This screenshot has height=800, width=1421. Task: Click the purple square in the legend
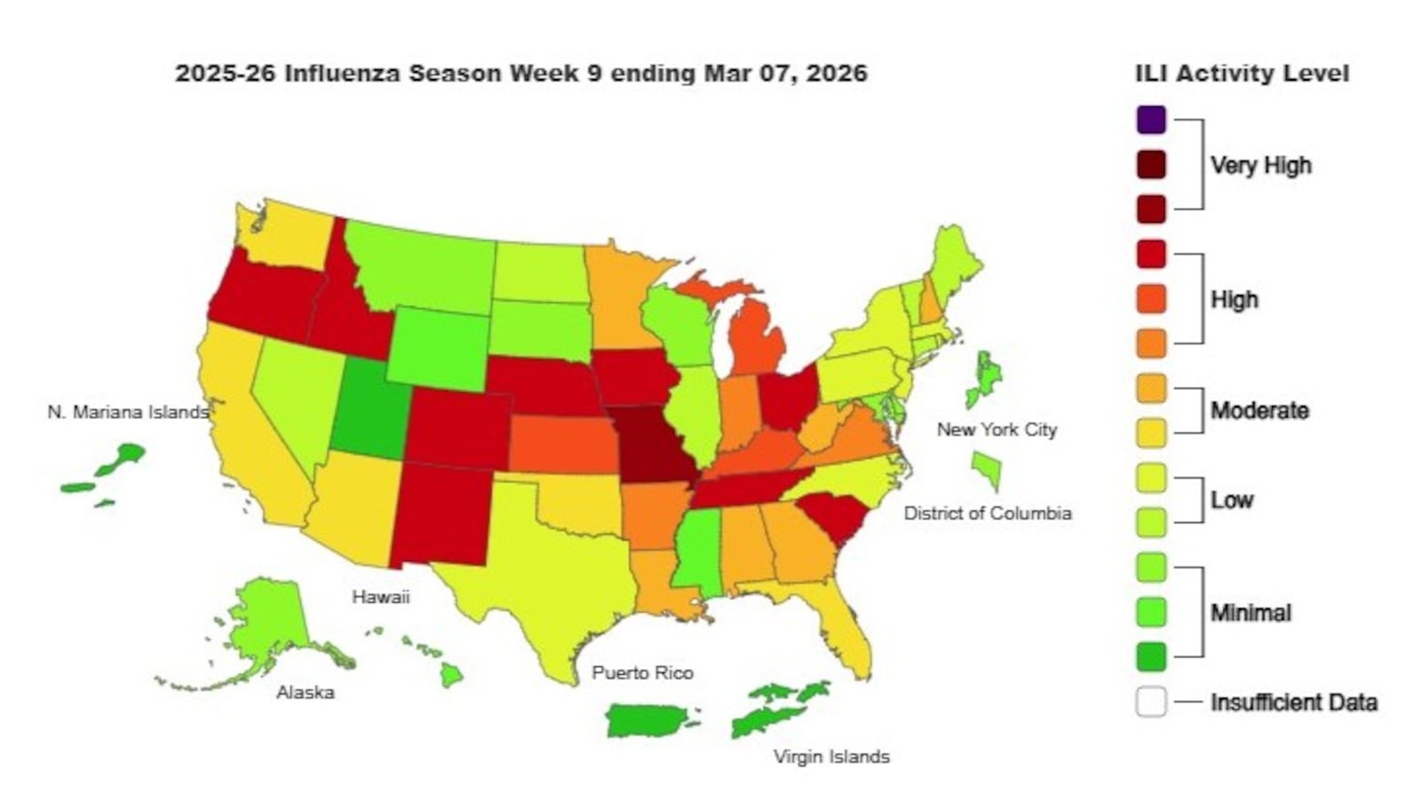(1151, 120)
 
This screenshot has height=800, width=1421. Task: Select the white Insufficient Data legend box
(1151, 702)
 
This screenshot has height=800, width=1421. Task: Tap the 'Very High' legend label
(1260, 165)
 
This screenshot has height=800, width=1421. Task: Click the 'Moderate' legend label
(1259, 410)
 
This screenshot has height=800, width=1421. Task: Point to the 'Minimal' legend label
(1250, 613)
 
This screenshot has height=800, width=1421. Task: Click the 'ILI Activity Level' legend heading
(1242, 74)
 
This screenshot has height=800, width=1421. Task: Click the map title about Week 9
(520, 73)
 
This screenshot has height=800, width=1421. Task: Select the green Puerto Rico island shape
(648, 720)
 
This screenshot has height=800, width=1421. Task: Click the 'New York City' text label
(996, 430)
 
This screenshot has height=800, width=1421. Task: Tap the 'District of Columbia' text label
(987, 513)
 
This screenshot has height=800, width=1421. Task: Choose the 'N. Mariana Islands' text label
(128, 412)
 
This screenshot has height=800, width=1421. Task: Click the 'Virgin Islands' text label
(830, 756)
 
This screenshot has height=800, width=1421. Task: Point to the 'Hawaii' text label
(380, 597)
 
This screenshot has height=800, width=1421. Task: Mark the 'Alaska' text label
(305, 693)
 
